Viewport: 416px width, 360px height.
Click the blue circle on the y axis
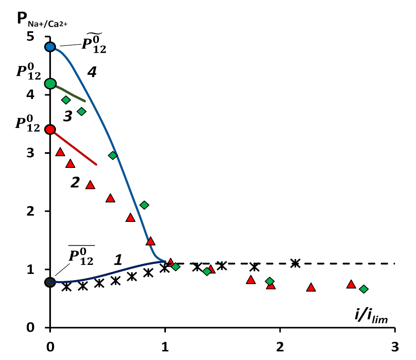(50, 47)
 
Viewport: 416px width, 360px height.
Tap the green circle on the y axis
(50, 83)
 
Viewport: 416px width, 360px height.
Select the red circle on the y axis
(50, 130)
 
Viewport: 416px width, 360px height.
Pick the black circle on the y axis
(50, 282)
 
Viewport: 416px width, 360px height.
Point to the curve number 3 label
(68, 116)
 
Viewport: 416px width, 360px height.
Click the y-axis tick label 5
(41, 37)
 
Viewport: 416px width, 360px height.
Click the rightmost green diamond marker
(364, 289)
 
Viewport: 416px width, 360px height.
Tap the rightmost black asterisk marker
(295, 263)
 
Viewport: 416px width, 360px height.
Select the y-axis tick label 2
(41, 211)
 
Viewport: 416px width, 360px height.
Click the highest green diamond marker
(66, 100)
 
